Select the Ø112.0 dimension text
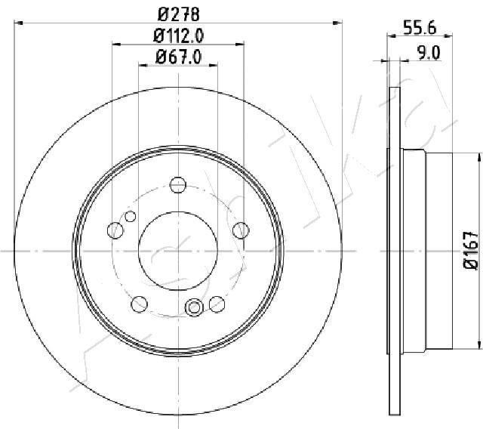click(179, 34)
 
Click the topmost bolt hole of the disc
click(178, 184)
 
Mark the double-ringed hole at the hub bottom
click(194, 307)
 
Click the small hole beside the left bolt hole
click(131, 218)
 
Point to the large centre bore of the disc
click(178, 250)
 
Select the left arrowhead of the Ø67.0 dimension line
click(142, 65)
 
